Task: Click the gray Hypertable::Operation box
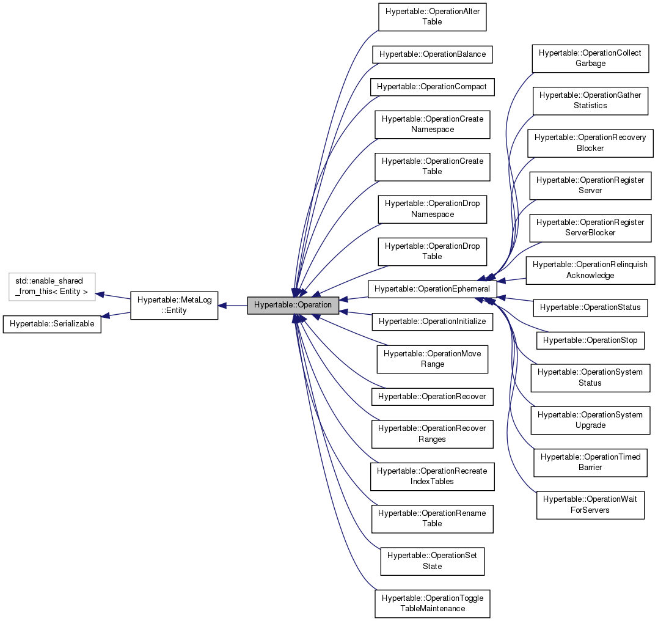click(x=293, y=304)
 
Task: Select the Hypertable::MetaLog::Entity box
click(x=174, y=304)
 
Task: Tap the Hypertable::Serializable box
click(x=53, y=323)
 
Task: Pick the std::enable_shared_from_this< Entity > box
click(x=52, y=286)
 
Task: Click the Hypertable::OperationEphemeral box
click(x=432, y=287)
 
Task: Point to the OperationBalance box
click(x=432, y=54)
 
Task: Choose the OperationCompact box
click(x=432, y=86)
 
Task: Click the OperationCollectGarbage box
click(x=590, y=58)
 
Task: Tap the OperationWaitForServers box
click(x=590, y=504)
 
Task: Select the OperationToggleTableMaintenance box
click(x=432, y=603)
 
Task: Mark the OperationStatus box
click(x=590, y=307)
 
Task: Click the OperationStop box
click(x=590, y=340)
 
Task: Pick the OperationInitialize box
click(x=432, y=321)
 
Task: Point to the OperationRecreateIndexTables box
click(x=432, y=476)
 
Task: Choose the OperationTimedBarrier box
click(x=590, y=462)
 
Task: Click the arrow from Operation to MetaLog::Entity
click(x=233, y=304)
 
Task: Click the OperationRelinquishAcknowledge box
click(x=590, y=270)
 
